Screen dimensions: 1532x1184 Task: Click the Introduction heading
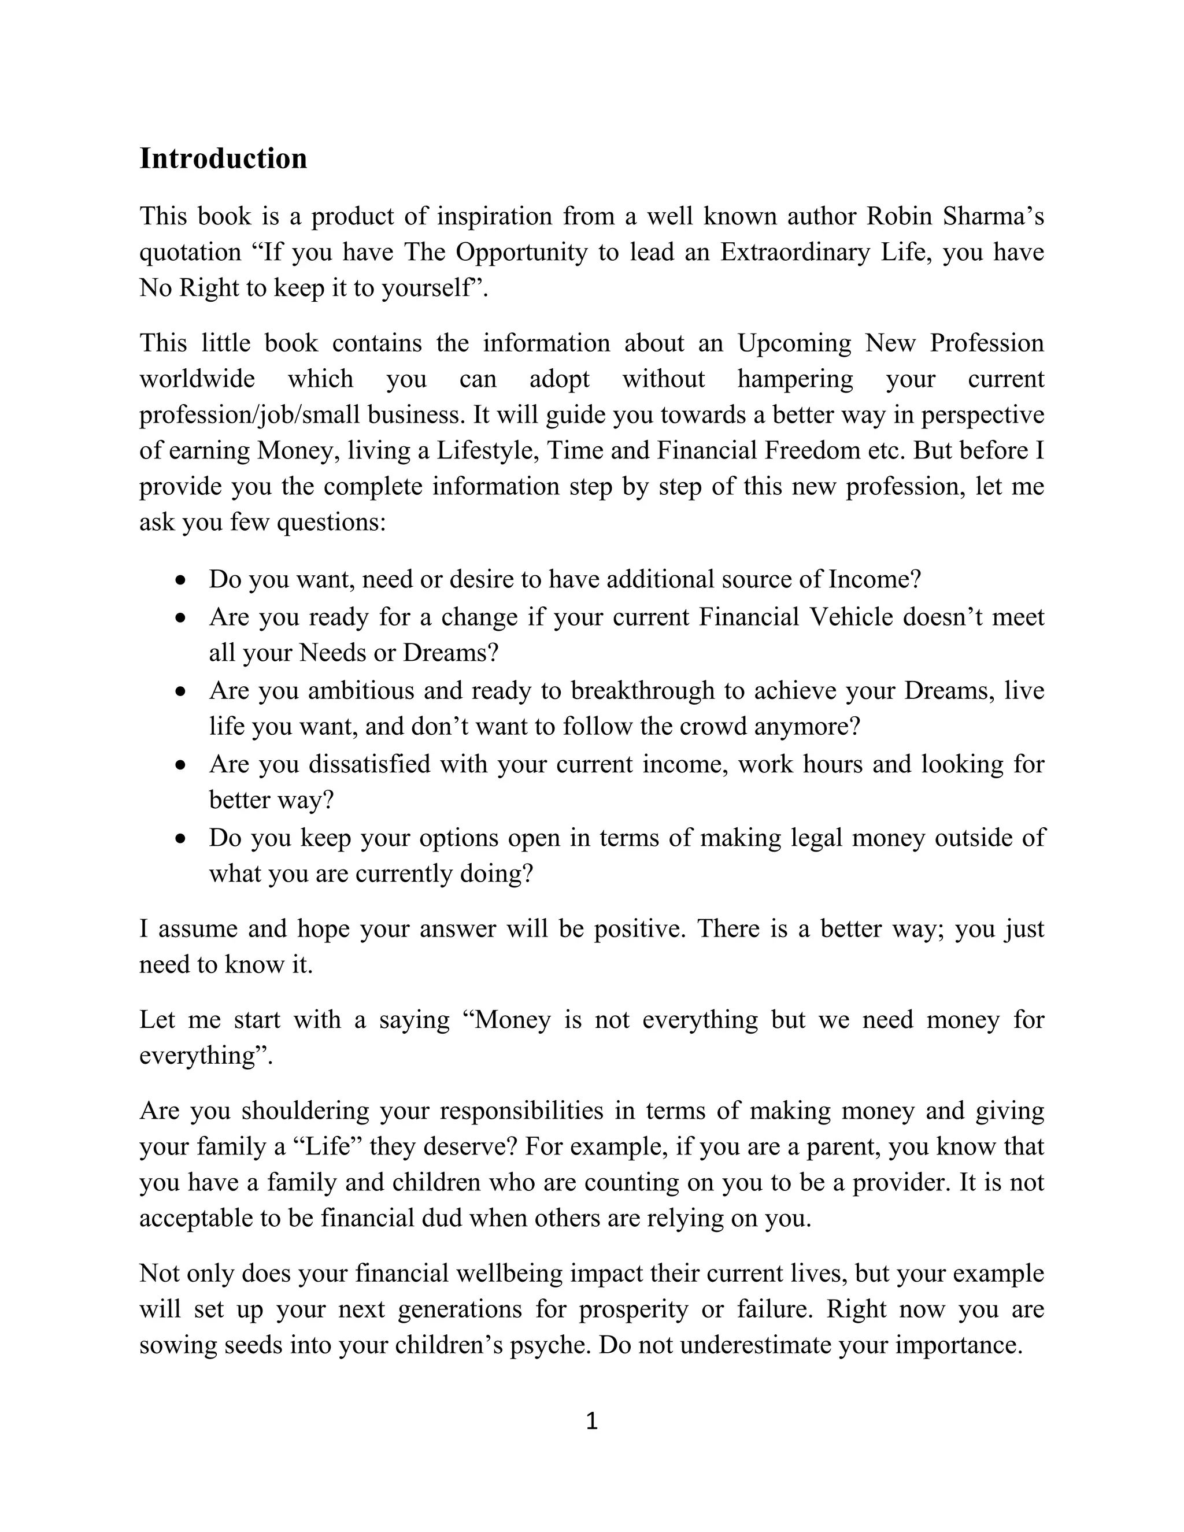tap(223, 158)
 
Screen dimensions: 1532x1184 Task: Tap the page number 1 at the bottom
tap(591, 1421)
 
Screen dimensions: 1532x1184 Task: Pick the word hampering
tap(795, 379)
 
